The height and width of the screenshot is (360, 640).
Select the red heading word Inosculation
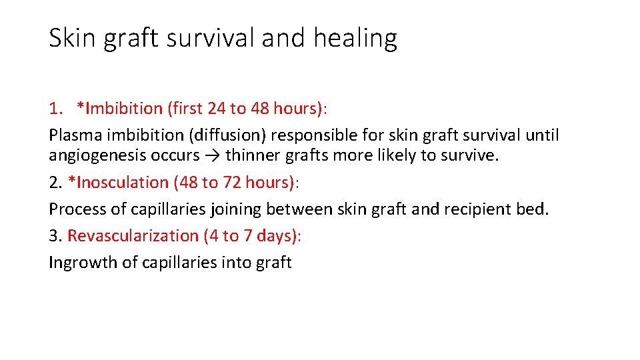(x=117, y=182)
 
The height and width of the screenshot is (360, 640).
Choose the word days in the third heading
(x=281, y=235)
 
